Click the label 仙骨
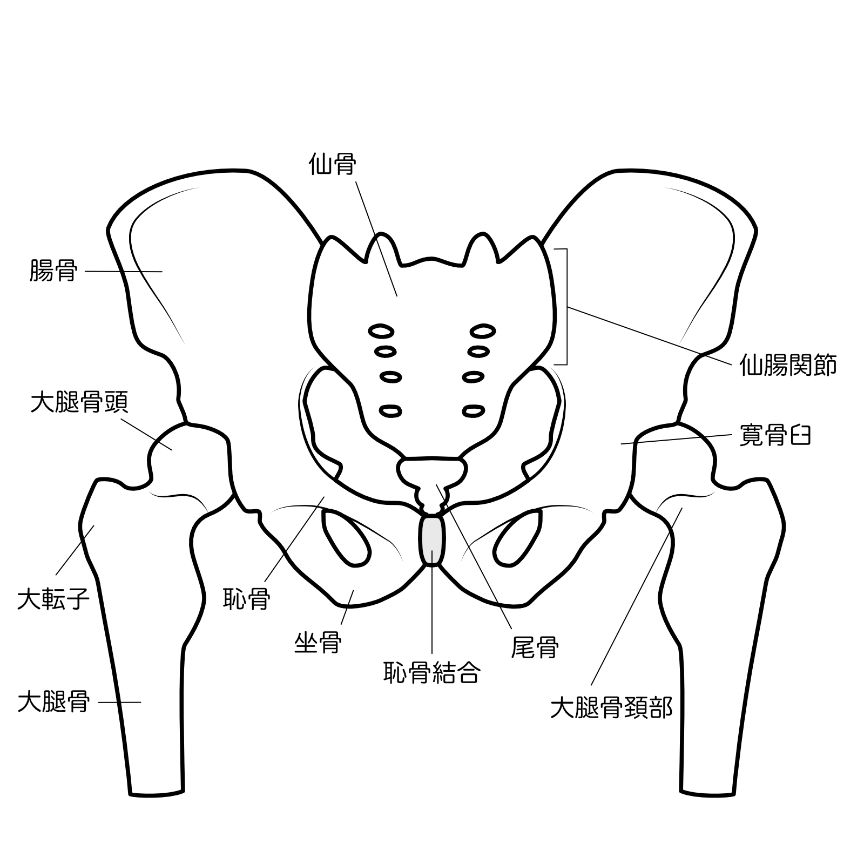(332, 164)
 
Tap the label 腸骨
(53, 271)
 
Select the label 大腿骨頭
(79, 402)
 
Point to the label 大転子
(53, 599)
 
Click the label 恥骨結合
(432, 672)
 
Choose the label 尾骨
(535, 646)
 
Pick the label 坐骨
(318, 643)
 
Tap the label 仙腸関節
(788, 364)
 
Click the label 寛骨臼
(775, 436)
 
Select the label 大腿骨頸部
(611, 708)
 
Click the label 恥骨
(247, 599)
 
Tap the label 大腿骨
(53, 702)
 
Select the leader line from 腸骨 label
(124, 271)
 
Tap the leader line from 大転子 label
(75, 550)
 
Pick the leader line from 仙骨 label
(377, 239)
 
